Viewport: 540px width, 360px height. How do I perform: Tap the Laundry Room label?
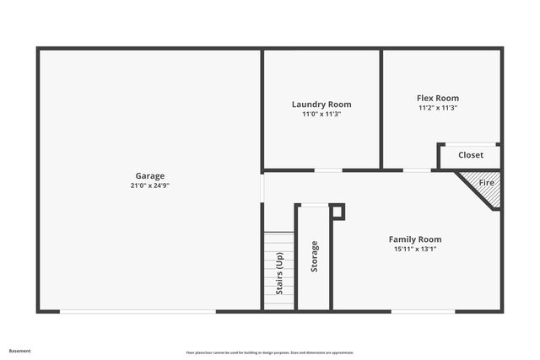click(x=321, y=105)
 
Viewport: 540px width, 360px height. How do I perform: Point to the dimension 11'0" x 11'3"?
click(x=321, y=114)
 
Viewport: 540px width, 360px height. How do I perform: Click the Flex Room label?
click(x=438, y=98)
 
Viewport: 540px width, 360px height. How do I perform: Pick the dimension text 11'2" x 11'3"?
click(x=438, y=108)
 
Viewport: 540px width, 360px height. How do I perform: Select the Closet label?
click(x=471, y=155)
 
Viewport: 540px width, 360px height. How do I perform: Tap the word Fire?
click(x=487, y=182)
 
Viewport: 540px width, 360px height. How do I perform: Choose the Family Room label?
click(x=414, y=239)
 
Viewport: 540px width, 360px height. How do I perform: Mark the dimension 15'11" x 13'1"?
click(x=414, y=249)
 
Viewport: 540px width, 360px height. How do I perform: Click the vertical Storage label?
click(x=314, y=256)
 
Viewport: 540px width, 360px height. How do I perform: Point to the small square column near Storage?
click(x=337, y=211)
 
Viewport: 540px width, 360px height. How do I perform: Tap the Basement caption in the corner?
click(x=19, y=351)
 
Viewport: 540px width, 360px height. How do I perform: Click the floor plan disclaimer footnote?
click(x=269, y=352)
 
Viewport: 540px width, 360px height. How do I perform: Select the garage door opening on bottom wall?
click(x=138, y=312)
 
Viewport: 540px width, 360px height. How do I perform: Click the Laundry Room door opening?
click(x=328, y=170)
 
